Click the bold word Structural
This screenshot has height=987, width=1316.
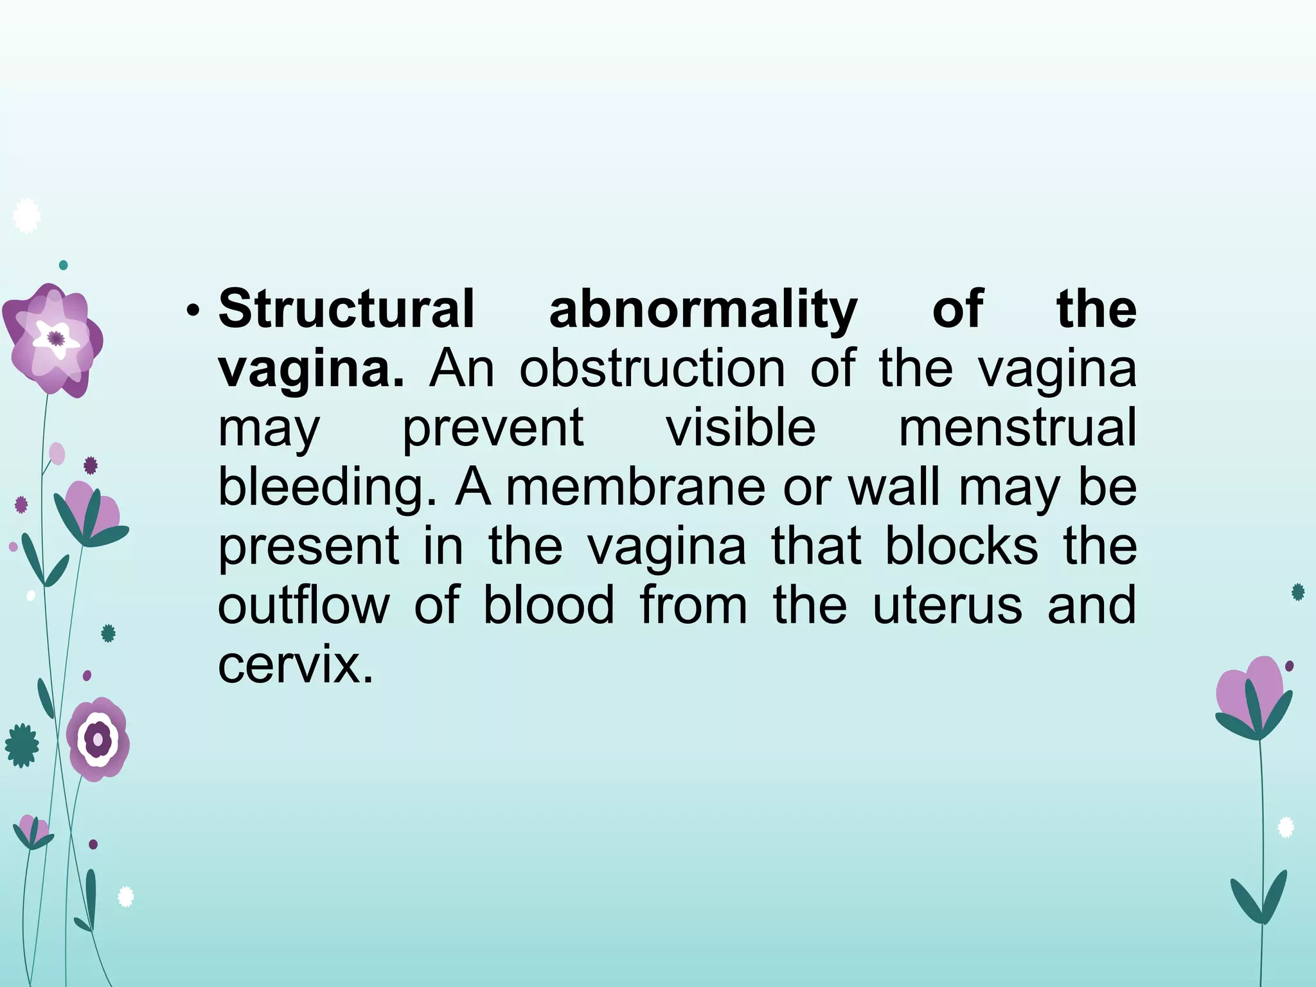(346, 309)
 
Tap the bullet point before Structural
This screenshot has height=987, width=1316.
(191, 312)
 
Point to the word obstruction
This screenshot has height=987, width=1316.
(652, 369)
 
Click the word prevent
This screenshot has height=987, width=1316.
(493, 428)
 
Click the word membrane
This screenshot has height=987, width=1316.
(636, 486)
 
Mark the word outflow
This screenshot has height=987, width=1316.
(304, 605)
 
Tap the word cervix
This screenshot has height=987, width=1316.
(295, 665)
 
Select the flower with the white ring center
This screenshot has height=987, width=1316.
(98, 740)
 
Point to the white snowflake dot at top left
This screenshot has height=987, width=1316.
(26, 217)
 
